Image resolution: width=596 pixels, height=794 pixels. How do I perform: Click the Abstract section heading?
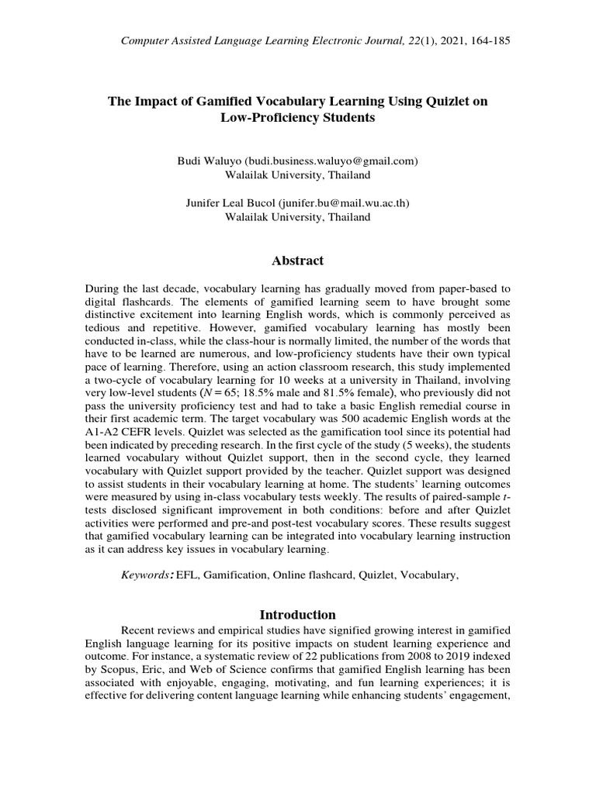[298, 261]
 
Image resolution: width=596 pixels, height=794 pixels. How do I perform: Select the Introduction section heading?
[298, 615]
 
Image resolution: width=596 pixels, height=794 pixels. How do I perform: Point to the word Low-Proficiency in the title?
[262, 118]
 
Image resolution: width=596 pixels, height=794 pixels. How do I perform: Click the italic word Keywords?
[145, 576]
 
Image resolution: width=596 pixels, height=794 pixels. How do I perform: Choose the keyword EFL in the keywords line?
[187, 576]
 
